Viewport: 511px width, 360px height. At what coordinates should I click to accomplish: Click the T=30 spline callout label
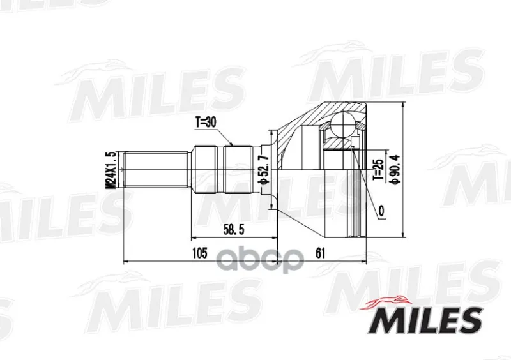206,122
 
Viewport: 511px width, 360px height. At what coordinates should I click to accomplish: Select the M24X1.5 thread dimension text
112,169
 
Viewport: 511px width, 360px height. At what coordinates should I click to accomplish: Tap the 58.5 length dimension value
234,230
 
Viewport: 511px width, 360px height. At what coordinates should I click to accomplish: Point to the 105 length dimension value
199,253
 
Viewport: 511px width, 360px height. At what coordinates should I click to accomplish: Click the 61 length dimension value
321,253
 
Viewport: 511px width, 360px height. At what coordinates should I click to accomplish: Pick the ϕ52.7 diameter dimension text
264,169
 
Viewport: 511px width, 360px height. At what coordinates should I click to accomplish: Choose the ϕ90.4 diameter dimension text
395,169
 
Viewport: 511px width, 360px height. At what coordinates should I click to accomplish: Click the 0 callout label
381,211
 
